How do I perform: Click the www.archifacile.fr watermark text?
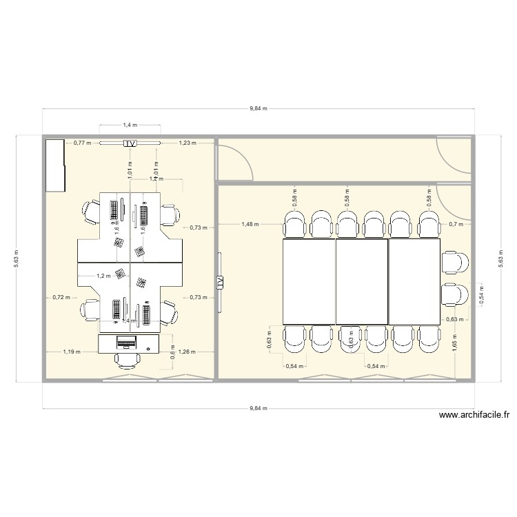[x=473, y=415]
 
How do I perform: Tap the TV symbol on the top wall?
[x=130, y=143]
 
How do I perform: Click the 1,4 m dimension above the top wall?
[x=130, y=125]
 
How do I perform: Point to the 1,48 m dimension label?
[x=250, y=223]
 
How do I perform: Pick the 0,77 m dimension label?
[x=83, y=143]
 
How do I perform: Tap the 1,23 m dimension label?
[x=187, y=143]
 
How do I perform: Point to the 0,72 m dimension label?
[x=61, y=297]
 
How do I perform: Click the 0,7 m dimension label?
[x=455, y=223]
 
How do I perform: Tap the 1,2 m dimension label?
[x=103, y=276]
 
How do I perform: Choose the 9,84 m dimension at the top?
[x=258, y=109]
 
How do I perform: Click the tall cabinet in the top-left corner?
[x=54, y=165]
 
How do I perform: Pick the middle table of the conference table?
[x=362, y=281]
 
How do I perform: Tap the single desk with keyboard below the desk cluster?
[x=128, y=343]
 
